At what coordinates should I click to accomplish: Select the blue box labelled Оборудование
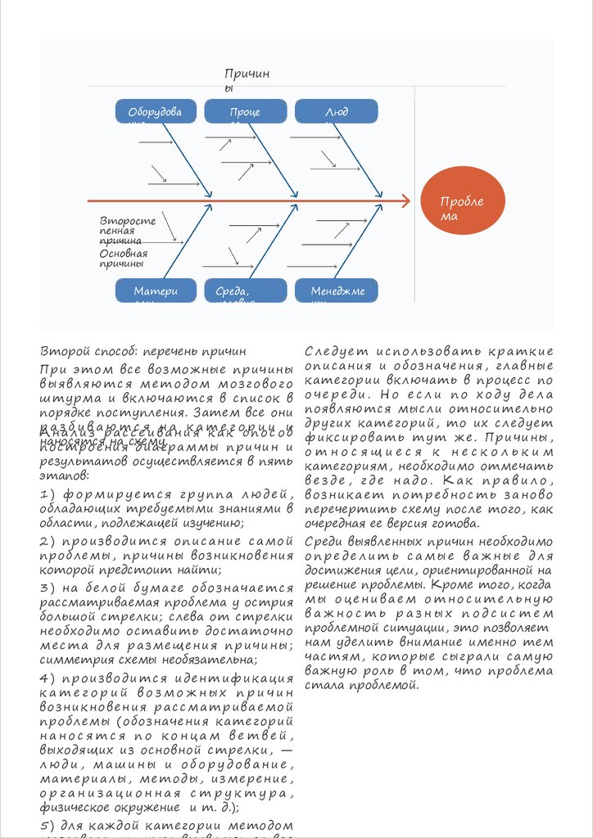pos(156,112)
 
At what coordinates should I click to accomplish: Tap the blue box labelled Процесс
pos(245,112)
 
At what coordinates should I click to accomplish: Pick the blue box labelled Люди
pos(336,112)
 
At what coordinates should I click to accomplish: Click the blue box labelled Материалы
pos(156,291)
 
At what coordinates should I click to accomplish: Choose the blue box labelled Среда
pos(245,291)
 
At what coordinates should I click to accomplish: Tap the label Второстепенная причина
pos(127,231)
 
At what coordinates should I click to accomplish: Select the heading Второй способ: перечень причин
pos(143,353)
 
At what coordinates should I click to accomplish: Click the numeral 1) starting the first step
pos(48,495)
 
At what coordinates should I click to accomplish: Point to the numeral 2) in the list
pos(48,541)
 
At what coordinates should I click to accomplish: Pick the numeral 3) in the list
pos(48,588)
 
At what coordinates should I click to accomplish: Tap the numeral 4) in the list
pos(48,678)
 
